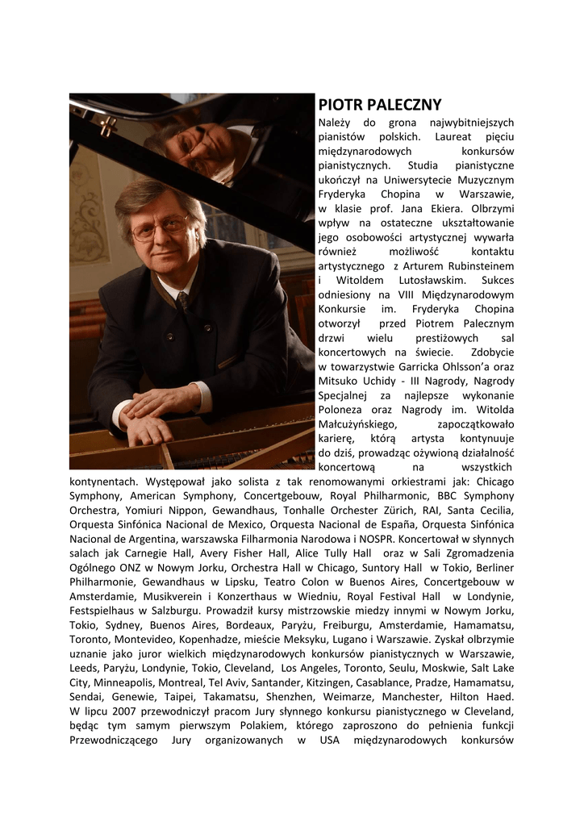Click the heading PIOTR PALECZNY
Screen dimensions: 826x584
coord(380,105)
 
